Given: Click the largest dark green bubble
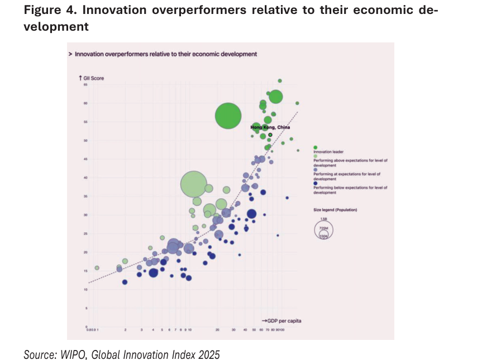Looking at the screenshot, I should click(228, 116).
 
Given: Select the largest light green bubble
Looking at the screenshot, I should click(194, 184).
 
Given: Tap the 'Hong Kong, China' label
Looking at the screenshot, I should click(270, 128).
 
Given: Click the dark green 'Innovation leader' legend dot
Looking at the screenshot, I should click(316, 147).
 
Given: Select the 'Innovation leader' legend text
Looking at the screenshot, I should click(328, 152).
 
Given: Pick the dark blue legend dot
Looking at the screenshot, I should click(316, 184).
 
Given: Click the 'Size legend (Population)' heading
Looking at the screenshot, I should click(335, 209).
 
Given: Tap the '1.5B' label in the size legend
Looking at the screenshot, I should click(323, 219).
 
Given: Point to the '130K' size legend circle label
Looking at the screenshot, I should click(323, 236).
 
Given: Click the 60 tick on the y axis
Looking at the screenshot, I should click(85, 103).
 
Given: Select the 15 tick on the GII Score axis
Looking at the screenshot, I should click(85, 271).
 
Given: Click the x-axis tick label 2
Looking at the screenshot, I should click(125, 330).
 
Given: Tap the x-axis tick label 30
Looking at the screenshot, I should click(233, 330).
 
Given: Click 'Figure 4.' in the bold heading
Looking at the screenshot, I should click(48, 12).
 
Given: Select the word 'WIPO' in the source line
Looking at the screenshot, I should click(75, 354).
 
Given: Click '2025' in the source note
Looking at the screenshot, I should click(209, 354).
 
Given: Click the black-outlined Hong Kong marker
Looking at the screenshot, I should click(270, 135).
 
